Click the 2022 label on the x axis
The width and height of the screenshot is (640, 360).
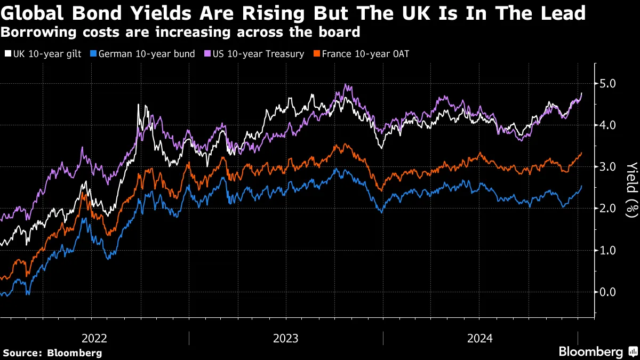(x=94, y=338)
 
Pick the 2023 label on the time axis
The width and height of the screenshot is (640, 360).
(x=286, y=338)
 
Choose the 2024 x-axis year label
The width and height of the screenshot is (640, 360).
(x=480, y=338)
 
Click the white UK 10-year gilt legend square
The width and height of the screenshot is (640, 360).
(x=7, y=54)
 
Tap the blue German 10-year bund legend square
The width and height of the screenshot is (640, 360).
(x=94, y=54)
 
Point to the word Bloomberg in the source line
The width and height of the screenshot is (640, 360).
(x=75, y=353)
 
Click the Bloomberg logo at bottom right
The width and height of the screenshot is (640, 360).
(x=591, y=351)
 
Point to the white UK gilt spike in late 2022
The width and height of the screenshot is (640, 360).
(x=139, y=105)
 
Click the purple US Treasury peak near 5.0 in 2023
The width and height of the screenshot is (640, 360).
(x=346, y=85)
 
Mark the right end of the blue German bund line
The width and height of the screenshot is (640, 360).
(x=581, y=186)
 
